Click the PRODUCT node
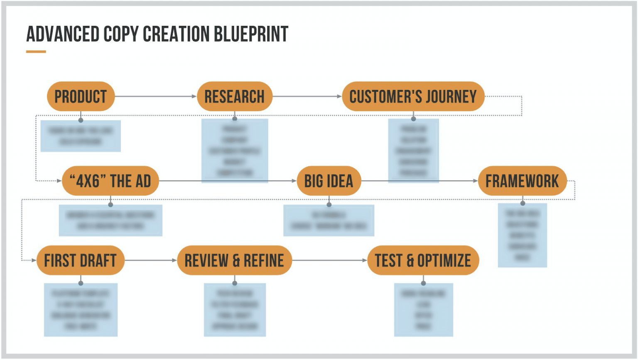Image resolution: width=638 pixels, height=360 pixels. (81, 96)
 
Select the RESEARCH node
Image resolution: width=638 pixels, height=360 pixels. (234, 96)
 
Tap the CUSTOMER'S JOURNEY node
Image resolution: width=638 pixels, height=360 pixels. (413, 96)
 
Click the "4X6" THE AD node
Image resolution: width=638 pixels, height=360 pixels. (110, 181)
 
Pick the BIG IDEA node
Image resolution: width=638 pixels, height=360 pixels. (329, 181)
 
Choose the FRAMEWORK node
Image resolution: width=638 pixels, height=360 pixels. (522, 181)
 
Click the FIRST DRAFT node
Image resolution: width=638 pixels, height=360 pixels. (80, 260)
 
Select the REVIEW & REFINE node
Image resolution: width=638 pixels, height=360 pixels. (234, 260)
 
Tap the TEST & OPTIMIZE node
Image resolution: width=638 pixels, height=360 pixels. (423, 260)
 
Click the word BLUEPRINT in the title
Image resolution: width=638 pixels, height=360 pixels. (251, 34)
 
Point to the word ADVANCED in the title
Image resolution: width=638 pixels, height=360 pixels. (63, 34)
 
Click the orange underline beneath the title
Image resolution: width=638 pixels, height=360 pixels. (36, 52)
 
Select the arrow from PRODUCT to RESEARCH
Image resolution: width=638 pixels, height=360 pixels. (155, 96)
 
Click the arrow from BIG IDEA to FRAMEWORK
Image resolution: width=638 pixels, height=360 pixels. (420, 181)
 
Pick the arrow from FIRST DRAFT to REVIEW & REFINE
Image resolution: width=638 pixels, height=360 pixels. (150, 260)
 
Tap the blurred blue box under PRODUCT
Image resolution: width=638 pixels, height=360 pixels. (81, 136)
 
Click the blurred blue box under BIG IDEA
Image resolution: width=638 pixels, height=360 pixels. (329, 220)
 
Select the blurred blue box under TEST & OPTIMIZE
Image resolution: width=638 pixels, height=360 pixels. (423, 310)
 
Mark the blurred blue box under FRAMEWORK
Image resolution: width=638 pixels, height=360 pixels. (522, 235)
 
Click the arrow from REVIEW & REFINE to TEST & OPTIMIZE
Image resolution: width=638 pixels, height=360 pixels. (329, 260)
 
